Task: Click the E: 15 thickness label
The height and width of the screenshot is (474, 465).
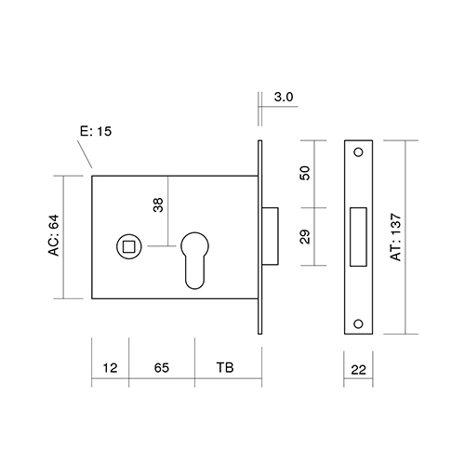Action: pyautogui.click(x=96, y=131)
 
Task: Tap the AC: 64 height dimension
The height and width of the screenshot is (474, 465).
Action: pyautogui.click(x=54, y=235)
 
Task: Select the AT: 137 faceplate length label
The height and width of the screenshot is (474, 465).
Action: pyautogui.click(x=396, y=237)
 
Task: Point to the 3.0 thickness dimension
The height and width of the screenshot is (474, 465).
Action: pyautogui.click(x=284, y=97)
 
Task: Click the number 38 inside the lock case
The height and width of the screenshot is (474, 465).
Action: pyautogui.click(x=158, y=204)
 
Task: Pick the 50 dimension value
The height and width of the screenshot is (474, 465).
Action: pyautogui.click(x=305, y=173)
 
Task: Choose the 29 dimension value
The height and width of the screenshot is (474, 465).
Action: pyautogui.click(x=305, y=237)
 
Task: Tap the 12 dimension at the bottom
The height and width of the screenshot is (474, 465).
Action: pyautogui.click(x=110, y=368)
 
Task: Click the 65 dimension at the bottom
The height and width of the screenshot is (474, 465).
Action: pyautogui.click(x=162, y=368)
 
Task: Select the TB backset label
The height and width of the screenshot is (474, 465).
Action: pyautogui.click(x=225, y=367)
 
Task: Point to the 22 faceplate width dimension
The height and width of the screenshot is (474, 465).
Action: pyautogui.click(x=358, y=370)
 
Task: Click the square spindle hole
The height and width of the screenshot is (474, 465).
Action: pyautogui.click(x=129, y=247)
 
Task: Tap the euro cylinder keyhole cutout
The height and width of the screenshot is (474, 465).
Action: pyautogui.click(x=194, y=260)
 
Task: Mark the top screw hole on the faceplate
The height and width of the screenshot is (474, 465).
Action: pyautogui.click(x=359, y=152)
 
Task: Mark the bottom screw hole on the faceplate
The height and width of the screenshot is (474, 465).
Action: pyautogui.click(x=358, y=323)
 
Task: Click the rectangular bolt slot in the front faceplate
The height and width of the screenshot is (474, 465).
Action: pyautogui.click(x=358, y=237)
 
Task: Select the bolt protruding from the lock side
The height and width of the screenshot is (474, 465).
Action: pyautogui.click(x=270, y=236)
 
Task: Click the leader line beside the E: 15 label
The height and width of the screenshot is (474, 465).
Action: pyautogui.click(x=85, y=154)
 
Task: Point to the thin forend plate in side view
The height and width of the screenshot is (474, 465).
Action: pyautogui.click(x=259, y=237)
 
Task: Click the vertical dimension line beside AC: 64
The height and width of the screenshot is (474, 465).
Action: pyautogui.click(x=63, y=237)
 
